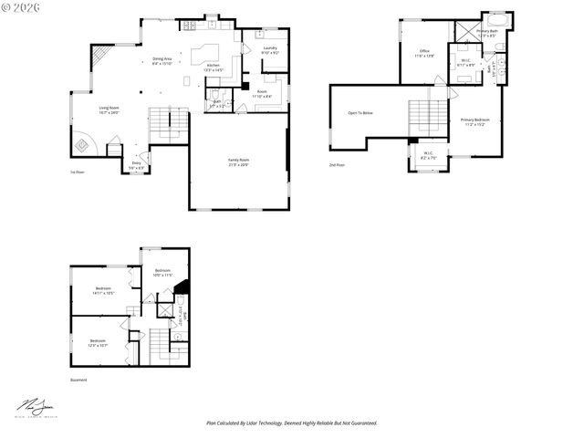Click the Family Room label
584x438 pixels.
tap(238, 162)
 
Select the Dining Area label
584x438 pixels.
tap(162, 61)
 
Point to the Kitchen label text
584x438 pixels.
tap(213, 67)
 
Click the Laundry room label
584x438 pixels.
tap(270, 49)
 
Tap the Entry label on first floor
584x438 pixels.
tap(135, 165)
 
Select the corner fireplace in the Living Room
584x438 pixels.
tap(83, 144)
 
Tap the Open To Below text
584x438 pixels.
tap(360, 113)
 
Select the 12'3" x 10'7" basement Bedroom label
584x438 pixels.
tap(98, 342)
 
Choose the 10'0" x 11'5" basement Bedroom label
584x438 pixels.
tap(162, 272)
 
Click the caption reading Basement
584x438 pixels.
tap(78, 380)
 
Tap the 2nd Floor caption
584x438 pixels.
tap(338, 164)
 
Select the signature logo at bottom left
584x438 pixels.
tap(33, 406)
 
